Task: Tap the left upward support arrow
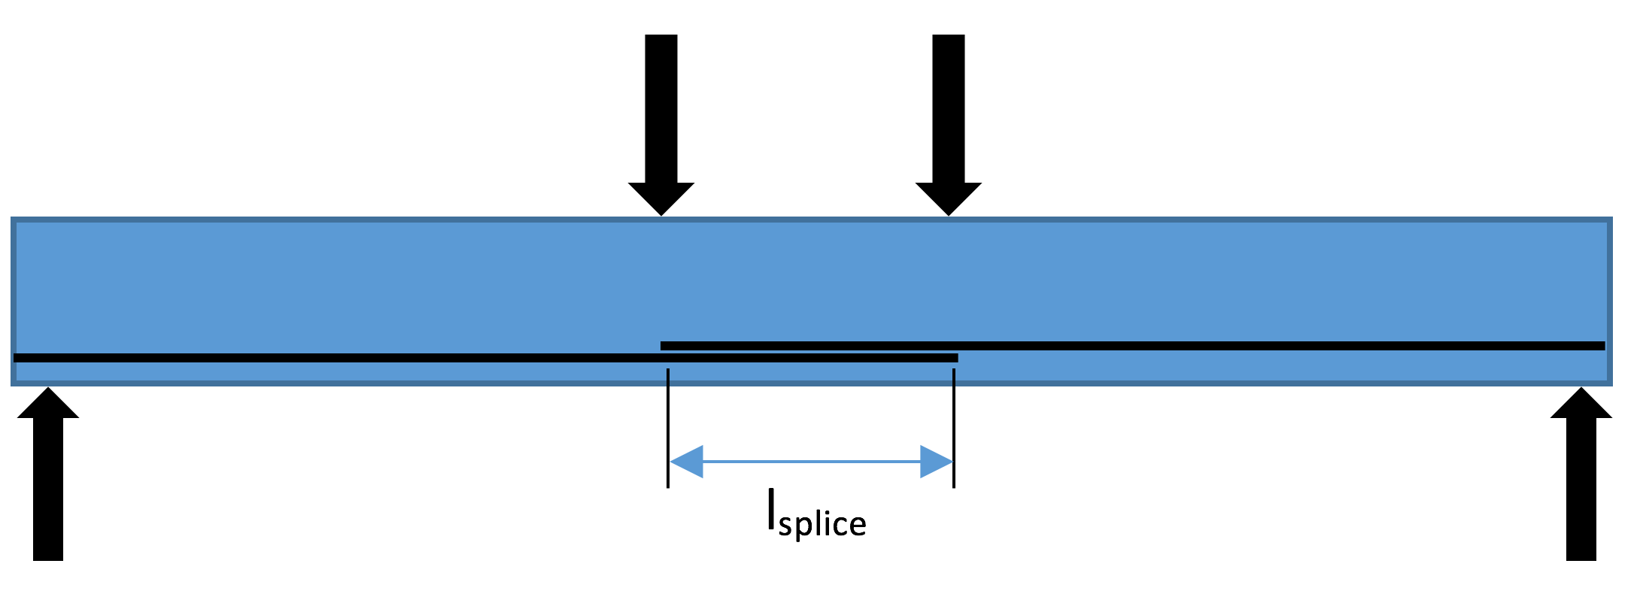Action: pyautogui.click(x=48, y=481)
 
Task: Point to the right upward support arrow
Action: pyautogui.click(x=1581, y=481)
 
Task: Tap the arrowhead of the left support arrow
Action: pyautogui.click(x=48, y=405)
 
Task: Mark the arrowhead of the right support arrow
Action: pyautogui.click(x=1581, y=405)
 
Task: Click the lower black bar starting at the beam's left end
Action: pyautogui.click(x=339, y=358)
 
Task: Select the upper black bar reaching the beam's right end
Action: pyautogui.click(x=1279, y=346)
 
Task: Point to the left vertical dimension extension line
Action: pyautogui.click(x=668, y=429)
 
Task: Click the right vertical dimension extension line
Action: pyautogui.click(x=954, y=429)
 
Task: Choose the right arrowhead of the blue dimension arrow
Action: pyautogui.click(x=937, y=462)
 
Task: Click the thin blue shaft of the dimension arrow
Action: pyautogui.click(x=811, y=462)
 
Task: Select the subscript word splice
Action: pyautogui.click(x=822, y=524)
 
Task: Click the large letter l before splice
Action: pyautogui.click(x=771, y=511)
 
